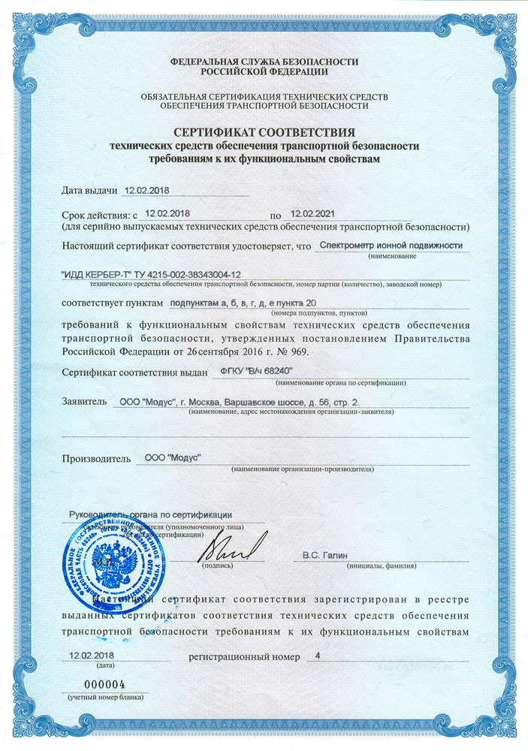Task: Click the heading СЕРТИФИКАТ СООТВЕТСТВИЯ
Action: tap(264, 132)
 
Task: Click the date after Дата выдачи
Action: tap(148, 192)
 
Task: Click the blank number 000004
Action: tap(102, 685)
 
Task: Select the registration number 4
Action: tap(318, 656)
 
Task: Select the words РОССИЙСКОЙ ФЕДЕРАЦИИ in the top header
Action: tap(264, 72)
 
